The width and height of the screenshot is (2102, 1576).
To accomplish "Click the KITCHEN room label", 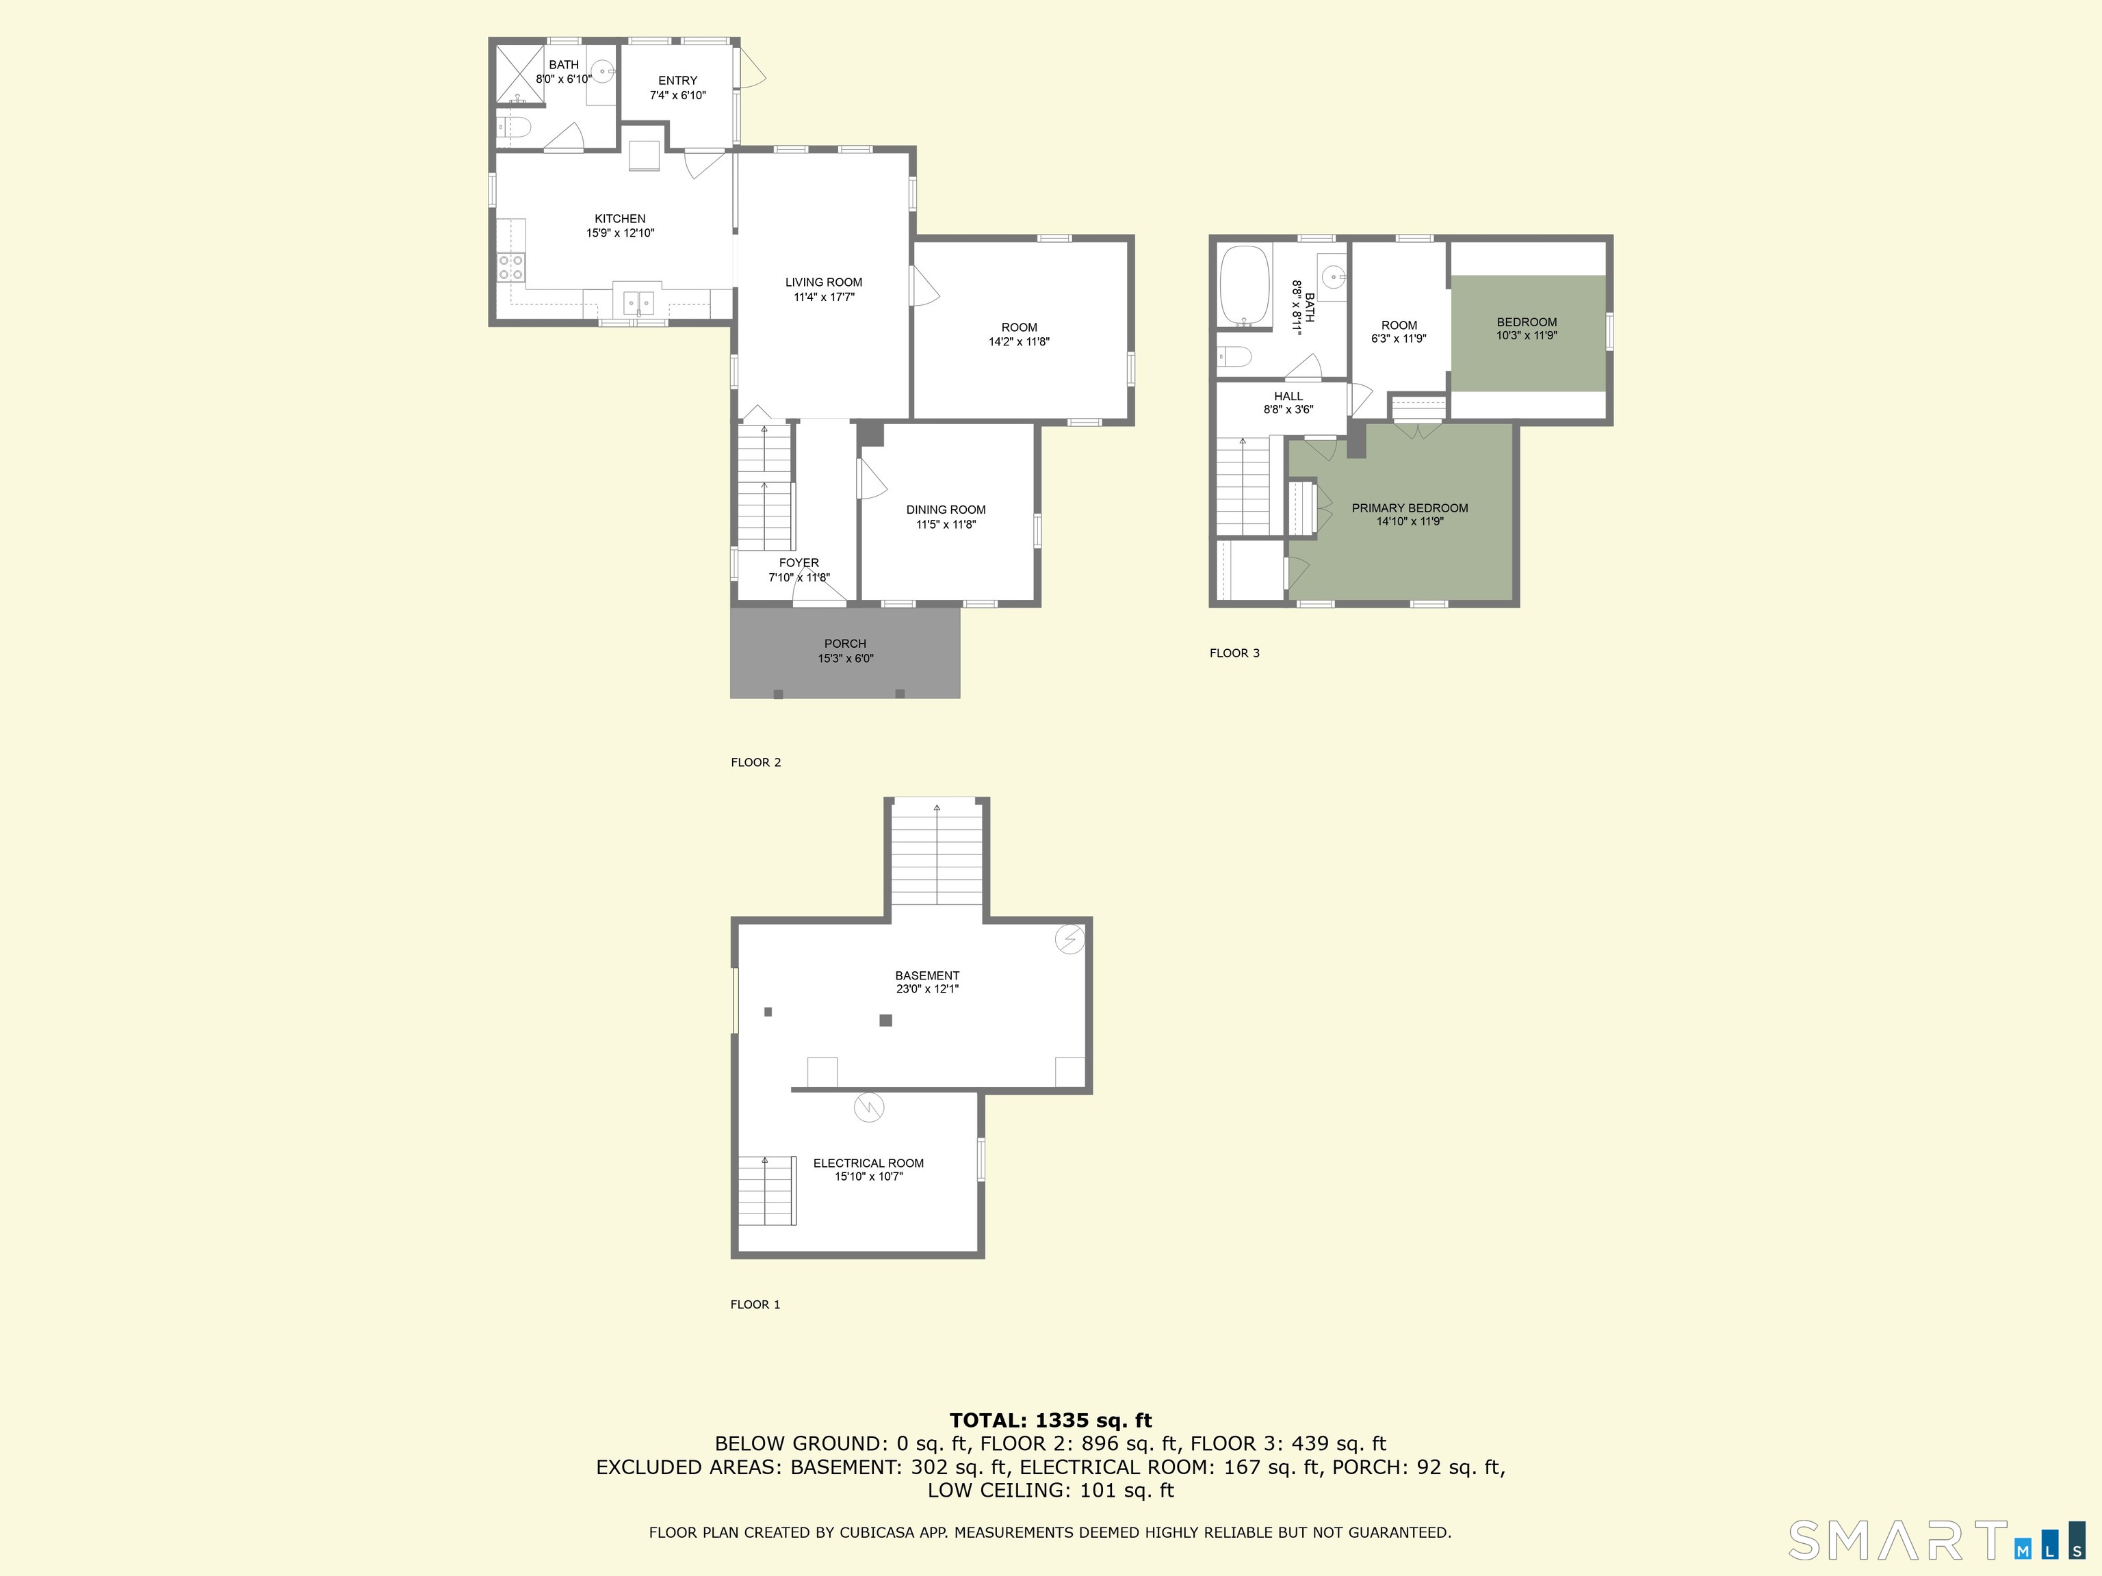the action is (x=619, y=218).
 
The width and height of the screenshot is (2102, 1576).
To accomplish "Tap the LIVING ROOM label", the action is (x=824, y=282).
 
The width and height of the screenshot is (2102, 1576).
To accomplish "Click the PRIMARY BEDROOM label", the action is (x=1410, y=508).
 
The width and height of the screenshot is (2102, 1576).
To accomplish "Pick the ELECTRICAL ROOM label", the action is (x=868, y=1163).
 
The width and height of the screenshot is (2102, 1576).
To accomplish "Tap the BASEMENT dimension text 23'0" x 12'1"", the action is (x=927, y=989).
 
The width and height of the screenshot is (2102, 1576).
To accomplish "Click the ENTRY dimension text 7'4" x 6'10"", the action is (x=677, y=95).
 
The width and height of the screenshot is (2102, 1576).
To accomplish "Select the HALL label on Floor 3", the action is (x=1288, y=396).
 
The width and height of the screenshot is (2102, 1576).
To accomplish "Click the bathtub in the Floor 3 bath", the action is (x=1245, y=286).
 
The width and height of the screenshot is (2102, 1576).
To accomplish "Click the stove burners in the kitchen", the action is (x=511, y=267).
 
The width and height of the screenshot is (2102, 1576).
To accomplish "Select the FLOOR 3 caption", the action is (x=1234, y=653).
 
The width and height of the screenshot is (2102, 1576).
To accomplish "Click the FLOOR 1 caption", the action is (x=755, y=1304).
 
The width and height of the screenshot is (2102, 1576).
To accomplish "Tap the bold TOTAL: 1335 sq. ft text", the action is (x=1050, y=1420).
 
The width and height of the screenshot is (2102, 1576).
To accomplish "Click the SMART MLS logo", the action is (x=1936, y=1540).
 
